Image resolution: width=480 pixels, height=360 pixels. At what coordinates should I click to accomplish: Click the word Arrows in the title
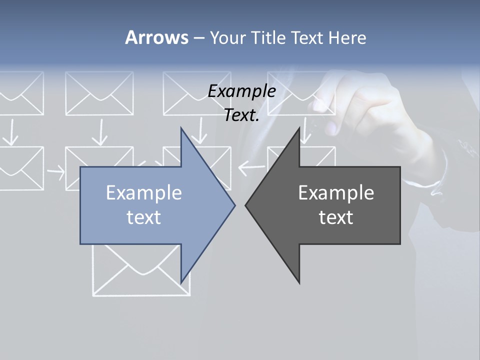[x=156, y=37]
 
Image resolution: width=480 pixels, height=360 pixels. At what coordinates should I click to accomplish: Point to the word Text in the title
[x=308, y=38]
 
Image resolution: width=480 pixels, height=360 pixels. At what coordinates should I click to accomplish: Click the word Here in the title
[x=347, y=38]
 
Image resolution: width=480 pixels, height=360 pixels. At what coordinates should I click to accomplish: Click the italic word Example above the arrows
[x=241, y=91]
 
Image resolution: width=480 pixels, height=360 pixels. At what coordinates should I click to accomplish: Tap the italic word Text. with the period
[x=241, y=115]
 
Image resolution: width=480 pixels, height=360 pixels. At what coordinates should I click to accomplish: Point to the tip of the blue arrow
[x=234, y=205]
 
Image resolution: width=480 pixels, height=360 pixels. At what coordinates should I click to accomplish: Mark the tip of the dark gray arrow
[x=245, y=205]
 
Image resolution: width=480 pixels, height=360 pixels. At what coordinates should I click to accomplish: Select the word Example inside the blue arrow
[x=143, y=193]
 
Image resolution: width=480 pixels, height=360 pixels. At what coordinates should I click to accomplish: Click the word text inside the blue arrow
[x=143, y=217]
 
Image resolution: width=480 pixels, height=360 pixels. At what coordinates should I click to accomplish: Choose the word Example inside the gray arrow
[x=336, y=193]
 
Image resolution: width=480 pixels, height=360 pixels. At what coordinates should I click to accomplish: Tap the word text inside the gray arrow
[x=336, y=217]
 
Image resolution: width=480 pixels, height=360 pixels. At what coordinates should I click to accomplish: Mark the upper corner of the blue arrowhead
[x=181, y=128]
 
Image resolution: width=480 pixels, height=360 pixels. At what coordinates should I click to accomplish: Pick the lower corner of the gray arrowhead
[x=299, y=283]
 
